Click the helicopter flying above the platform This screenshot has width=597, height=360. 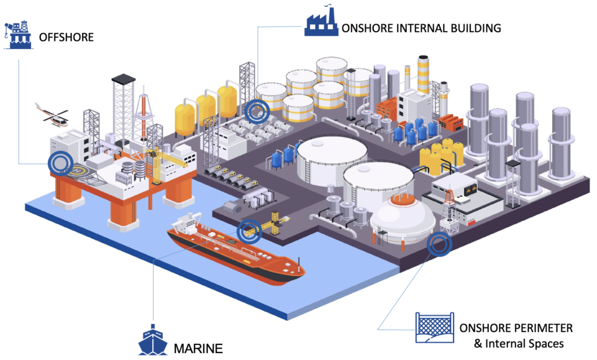point(51,116)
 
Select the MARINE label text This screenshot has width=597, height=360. point(198,349)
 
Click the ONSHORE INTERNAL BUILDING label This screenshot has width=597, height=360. point(421,27)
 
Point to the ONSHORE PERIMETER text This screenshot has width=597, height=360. point(515,328)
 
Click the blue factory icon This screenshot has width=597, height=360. point(321,23)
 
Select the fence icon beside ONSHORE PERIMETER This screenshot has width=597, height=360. point(434,328)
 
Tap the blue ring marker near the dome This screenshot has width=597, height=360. point(439,245)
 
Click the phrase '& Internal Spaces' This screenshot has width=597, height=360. point(519,344)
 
